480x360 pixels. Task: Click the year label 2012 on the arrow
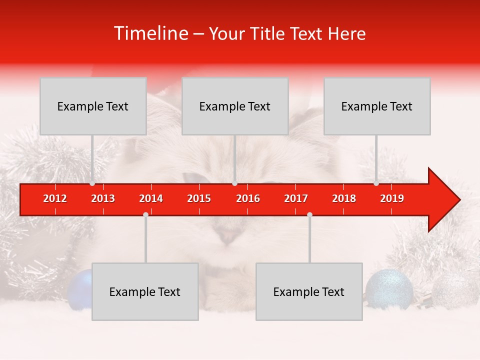click(55, 198)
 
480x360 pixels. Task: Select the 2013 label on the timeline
click(103, 198)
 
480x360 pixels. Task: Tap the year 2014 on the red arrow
click(151, 198)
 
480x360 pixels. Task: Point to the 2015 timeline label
click(199, 198)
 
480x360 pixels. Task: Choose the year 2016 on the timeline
click(248, 198)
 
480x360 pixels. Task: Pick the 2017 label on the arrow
click(296, 198)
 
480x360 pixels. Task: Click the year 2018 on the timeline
click(344, 198)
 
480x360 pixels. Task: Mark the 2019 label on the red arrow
click(392, 198)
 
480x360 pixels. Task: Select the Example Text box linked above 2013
click(93, 106)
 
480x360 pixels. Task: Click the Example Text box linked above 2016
click(235, 106)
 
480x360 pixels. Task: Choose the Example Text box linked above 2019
click(377, 106)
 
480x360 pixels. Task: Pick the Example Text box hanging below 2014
click(145, 291)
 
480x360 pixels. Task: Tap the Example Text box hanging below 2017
click(309, 291)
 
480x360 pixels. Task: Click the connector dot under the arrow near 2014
click(145, 214)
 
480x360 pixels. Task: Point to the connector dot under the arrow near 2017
click(309, 214)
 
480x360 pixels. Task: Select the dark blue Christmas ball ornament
click(80, 289)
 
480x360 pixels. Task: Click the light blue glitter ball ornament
click(389, 289)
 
